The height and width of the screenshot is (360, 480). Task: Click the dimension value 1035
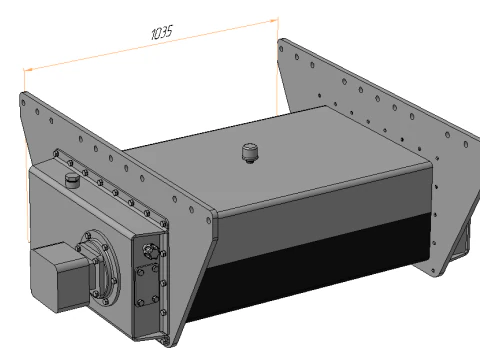click(161, 33)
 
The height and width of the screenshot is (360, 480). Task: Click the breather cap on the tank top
click(250, 153)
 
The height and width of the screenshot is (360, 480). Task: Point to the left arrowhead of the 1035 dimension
click(28, 69)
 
